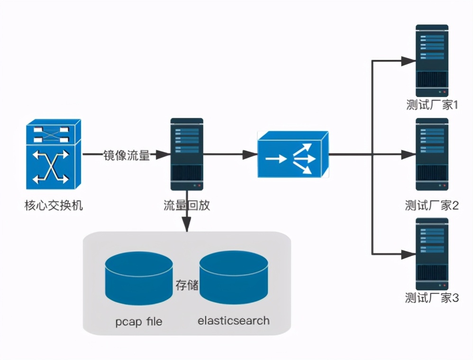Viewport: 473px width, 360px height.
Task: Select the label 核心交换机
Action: click(x=54, y=206)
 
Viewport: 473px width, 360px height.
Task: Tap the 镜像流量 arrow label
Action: click(x=127, y=155)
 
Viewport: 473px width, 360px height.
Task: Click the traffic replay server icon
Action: click(x=187, y=154)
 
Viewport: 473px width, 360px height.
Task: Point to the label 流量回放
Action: click(x=187, y=206)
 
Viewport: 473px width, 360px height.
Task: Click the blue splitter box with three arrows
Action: click(x=293, y=155)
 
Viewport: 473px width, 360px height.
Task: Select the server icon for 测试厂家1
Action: click(x=432, y=61)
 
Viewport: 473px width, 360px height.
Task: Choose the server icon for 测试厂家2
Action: click(x=432, y=154)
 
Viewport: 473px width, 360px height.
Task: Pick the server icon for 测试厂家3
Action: click(x=432, y=253)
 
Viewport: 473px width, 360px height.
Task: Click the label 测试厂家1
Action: click(x=432, y=105)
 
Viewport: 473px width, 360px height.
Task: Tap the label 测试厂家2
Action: click(x=432, y=206)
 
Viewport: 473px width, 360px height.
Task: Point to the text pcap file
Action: click(x=138, y=322)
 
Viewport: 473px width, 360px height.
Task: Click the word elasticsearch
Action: click(x=234, y=321)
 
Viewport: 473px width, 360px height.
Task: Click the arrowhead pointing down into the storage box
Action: click(x=187, y=225)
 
